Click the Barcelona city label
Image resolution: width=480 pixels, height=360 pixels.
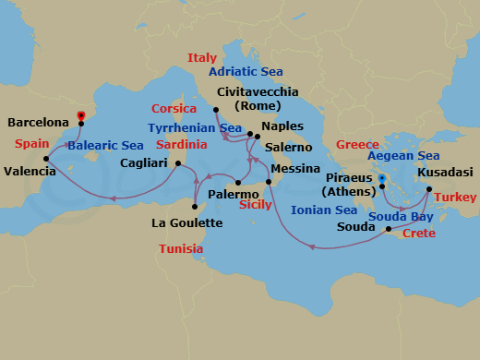38,122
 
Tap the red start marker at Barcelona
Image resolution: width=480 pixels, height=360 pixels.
81,115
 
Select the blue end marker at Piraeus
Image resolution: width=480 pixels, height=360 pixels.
381,179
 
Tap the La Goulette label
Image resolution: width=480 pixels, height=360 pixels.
186,222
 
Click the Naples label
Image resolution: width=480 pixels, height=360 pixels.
282,127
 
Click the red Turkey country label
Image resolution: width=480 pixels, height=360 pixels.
455,198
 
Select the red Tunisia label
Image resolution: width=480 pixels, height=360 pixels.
181,249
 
